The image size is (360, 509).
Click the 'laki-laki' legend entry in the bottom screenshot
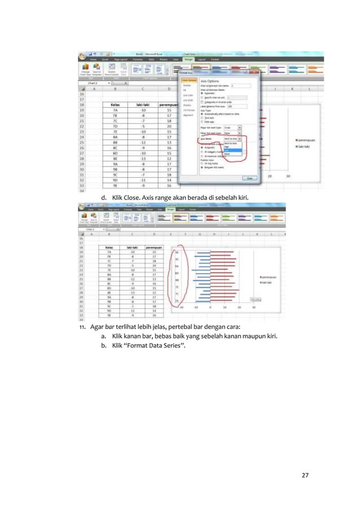click(269, 283)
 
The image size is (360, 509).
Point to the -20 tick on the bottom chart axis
click(181, 308)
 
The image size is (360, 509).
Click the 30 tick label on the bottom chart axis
click(254, 308)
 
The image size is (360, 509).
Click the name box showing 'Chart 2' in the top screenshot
click(91, 82)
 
